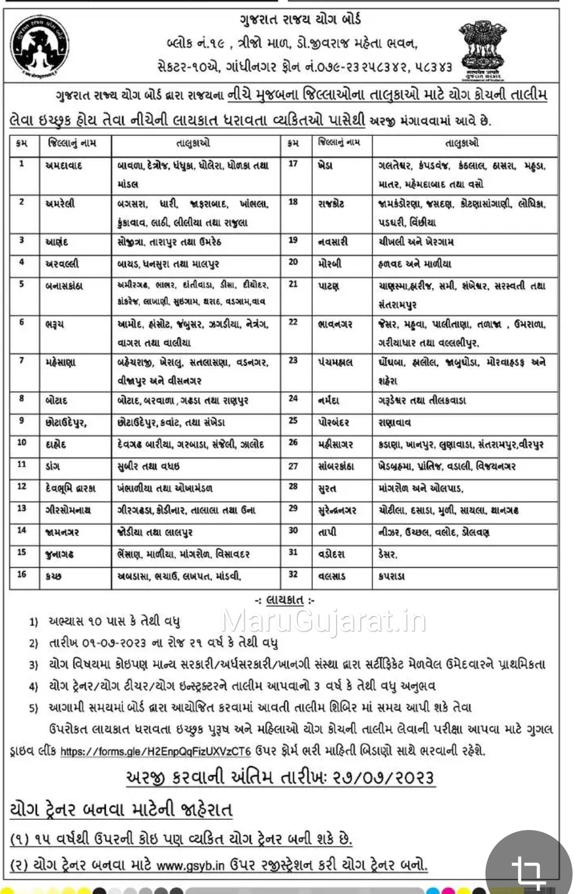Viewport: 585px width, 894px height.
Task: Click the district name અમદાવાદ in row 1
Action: [63, 165]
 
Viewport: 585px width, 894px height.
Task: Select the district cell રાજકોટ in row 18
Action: [330, 203]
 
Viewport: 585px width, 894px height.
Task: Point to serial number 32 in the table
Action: [293, 576]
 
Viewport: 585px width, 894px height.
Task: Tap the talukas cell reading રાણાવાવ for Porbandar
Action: [395, 422]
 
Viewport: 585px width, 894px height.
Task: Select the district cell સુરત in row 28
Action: [326, 488]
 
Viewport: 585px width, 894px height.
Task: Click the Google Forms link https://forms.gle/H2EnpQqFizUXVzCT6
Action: [155, 751]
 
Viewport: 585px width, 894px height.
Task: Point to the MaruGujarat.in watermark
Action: [324, 621]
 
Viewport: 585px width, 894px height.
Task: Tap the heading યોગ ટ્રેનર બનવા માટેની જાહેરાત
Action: [121, 809]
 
